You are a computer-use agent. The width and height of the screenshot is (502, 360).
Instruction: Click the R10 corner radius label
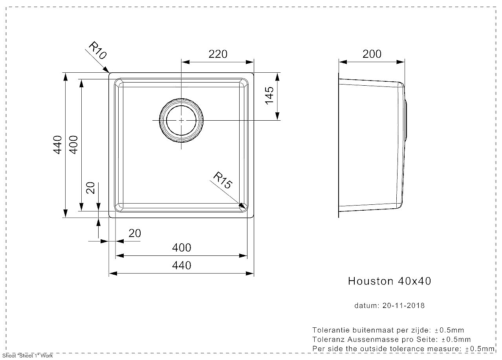coord(98,50)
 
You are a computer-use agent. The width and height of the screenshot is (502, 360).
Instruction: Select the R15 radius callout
coord(222,180)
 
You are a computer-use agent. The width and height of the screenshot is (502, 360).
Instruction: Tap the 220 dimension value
coord(218,54)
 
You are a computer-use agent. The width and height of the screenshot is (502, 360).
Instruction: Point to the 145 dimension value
coord(269,96)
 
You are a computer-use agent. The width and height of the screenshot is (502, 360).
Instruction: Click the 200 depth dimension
coord(372,54)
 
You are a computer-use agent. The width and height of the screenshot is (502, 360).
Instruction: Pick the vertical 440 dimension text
coord(57,145)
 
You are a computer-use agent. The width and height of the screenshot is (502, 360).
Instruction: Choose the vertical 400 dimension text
coord(73,145)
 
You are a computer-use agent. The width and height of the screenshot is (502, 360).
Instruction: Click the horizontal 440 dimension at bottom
coord(181,265)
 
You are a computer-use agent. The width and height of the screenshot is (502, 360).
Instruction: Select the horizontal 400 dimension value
coord(181,248)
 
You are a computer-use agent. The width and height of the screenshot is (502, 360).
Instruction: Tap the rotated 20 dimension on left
coord(90,188)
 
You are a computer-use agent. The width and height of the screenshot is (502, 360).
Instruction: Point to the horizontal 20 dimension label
coord(135,233)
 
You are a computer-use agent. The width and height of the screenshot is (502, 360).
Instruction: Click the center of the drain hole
coord(181,120)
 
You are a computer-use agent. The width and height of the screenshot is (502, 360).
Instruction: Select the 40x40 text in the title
coord(414,281)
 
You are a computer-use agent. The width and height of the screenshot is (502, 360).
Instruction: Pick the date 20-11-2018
coord(403,306)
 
